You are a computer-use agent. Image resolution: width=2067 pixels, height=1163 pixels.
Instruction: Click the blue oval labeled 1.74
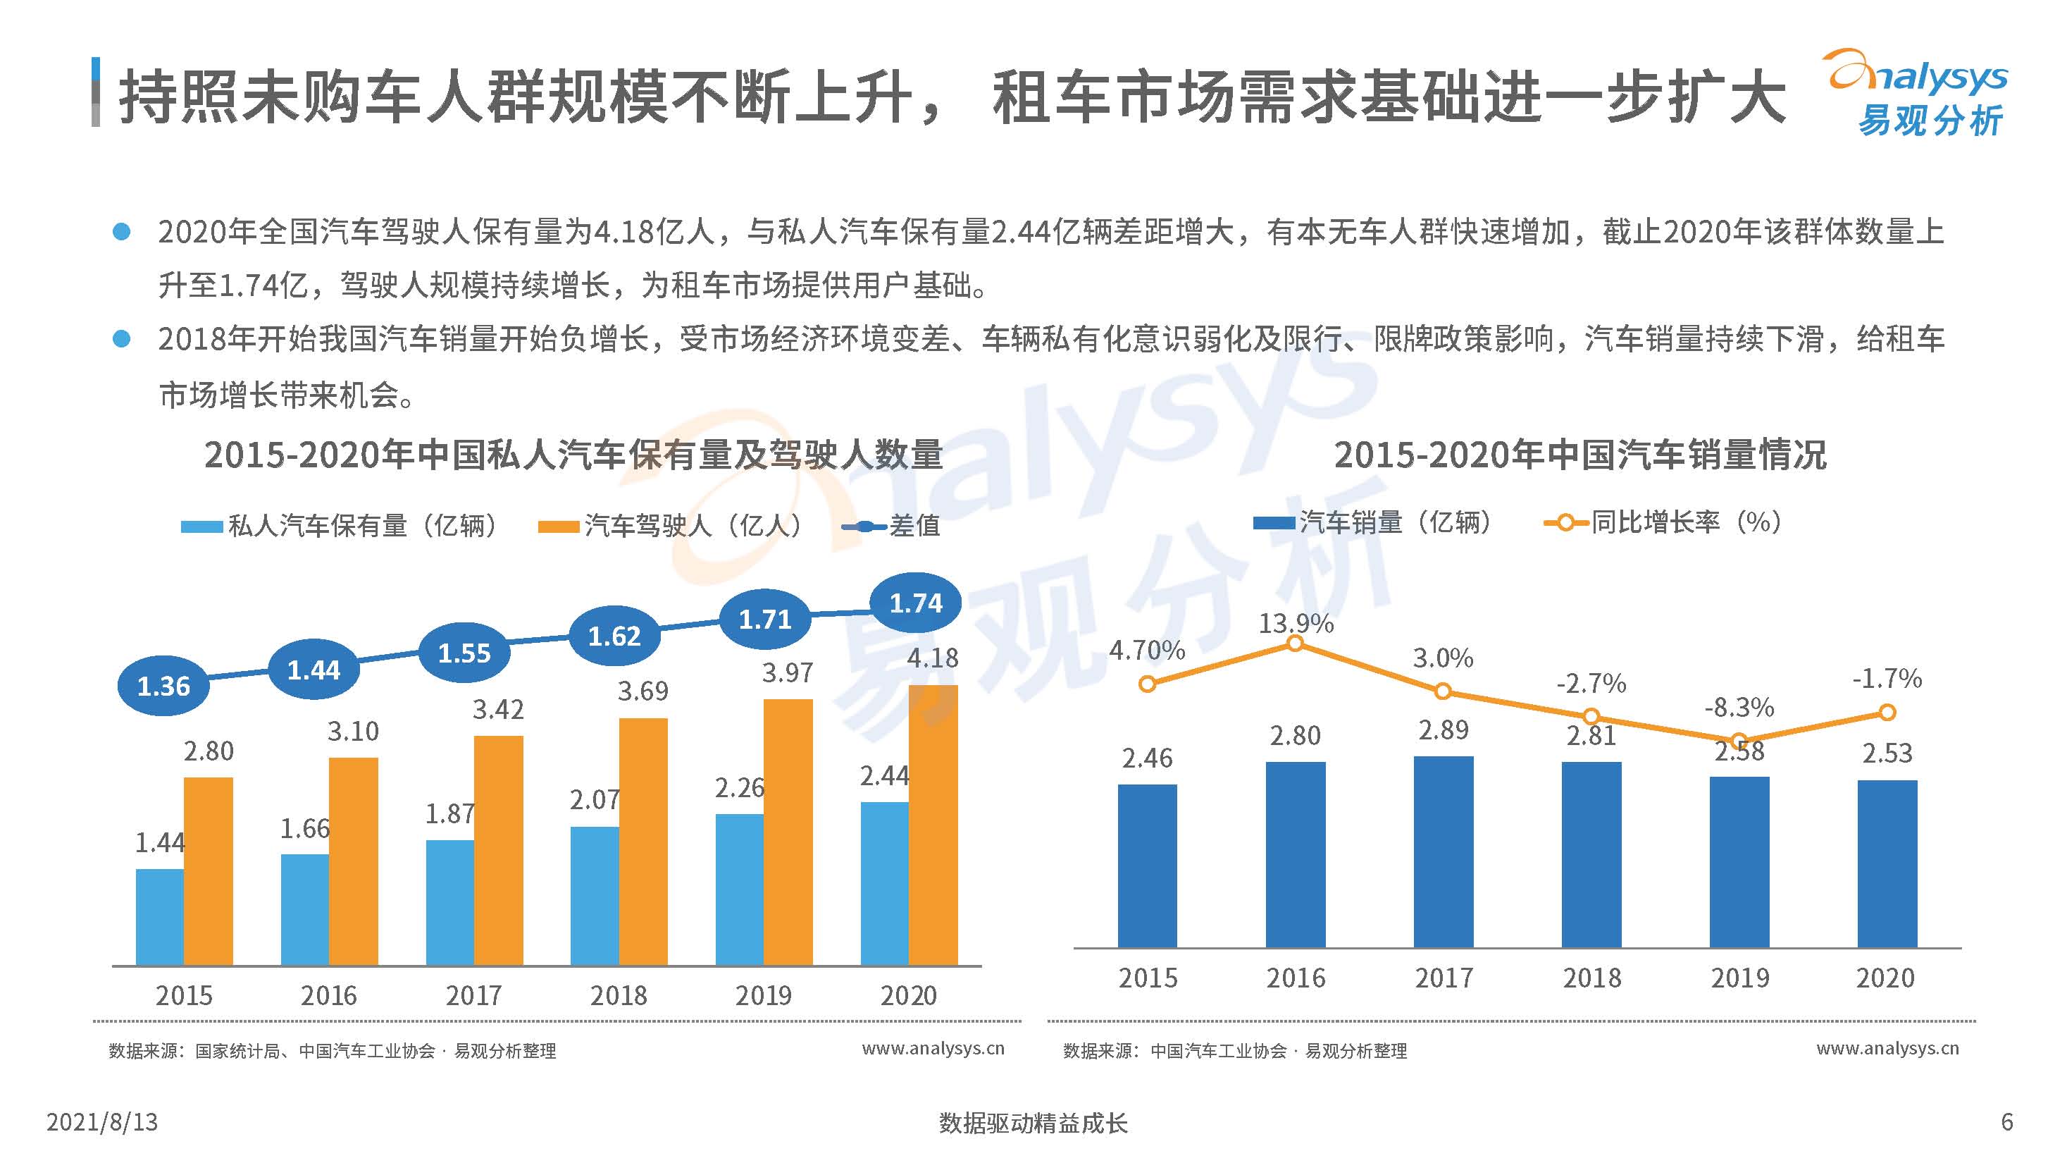click(x=916, y=603)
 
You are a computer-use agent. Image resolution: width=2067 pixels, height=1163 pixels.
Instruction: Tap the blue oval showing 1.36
click(x=163, y=687)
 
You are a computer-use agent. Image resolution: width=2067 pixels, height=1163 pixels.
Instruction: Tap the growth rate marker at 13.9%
click(x=1295, y=644)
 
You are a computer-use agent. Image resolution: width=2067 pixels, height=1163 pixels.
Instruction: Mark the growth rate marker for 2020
click(x=1887, y=712)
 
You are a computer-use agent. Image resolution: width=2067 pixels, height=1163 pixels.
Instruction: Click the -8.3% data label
click(x=1739, y=707)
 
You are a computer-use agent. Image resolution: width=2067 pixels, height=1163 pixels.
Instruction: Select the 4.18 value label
click(x=932, y=658)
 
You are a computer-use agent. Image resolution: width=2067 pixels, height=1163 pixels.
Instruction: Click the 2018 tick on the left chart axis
click(x=619, y=995)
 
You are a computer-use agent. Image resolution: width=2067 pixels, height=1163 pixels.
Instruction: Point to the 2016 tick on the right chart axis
click(x=1295, y=978)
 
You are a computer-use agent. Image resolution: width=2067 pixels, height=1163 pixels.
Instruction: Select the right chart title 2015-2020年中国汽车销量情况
click(x=1580, y=455)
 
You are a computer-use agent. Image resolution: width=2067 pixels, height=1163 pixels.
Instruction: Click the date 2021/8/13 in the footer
click(x=102, y=1121)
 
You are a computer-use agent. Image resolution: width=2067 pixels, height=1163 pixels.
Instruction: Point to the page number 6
click(x=2006, y=1121)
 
